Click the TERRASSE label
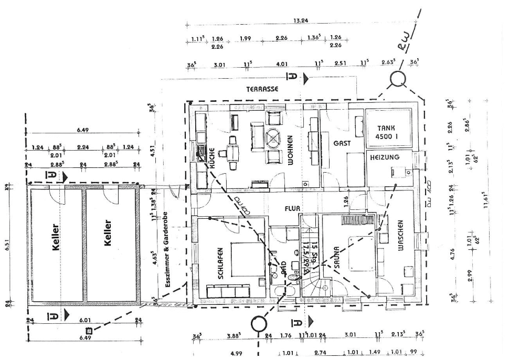click(262, 89)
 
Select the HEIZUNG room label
click(385, 157)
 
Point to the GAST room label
click(342, 143)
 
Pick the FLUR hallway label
click(292, 208)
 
